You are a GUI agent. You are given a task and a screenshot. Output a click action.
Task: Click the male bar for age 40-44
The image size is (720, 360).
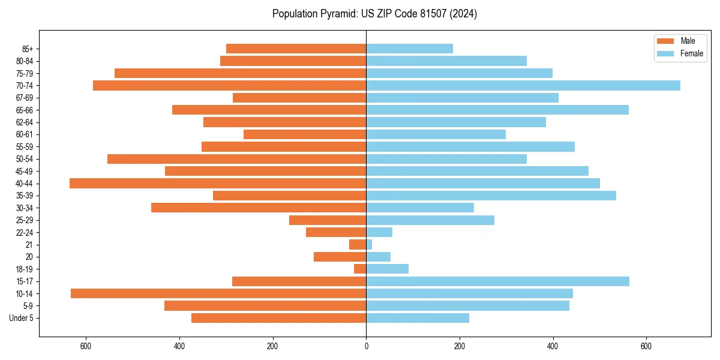click(218, 184)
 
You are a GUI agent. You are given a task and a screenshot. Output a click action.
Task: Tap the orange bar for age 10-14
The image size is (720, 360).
click(218, 293)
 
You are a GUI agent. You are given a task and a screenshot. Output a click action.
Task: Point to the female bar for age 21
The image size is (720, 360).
click(369, 245)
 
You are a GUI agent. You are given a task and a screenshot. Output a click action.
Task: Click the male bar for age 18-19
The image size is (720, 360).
click(360, 269)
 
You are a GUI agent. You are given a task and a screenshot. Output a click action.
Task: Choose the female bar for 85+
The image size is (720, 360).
click(409, 49)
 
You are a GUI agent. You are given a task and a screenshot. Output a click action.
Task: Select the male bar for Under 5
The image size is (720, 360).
click(278, 318)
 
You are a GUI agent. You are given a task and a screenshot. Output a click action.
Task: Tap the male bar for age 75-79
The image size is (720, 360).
click(240, 73)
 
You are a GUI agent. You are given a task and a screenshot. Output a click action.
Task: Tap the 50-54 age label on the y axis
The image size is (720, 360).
click(25, 159)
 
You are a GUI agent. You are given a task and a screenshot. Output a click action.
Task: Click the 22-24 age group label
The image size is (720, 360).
click(25, 232)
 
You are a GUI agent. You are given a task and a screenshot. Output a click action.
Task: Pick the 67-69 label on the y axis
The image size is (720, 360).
click(25, 98)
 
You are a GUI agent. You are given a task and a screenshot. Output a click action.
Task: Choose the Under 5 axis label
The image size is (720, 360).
click(22, 318)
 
